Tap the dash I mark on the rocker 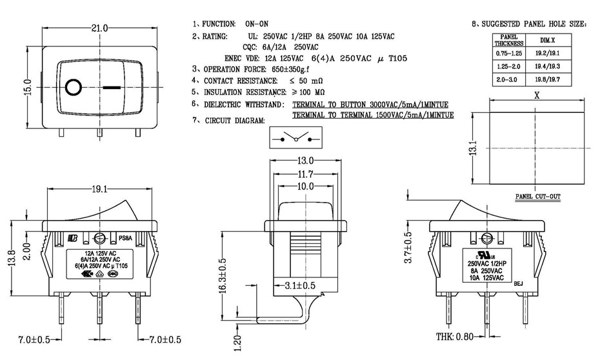112,86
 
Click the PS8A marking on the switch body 126,237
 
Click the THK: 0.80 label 455,337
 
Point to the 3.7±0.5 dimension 408,246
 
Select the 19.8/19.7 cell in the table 548,79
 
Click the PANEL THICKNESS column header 505,40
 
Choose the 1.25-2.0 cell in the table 505,66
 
